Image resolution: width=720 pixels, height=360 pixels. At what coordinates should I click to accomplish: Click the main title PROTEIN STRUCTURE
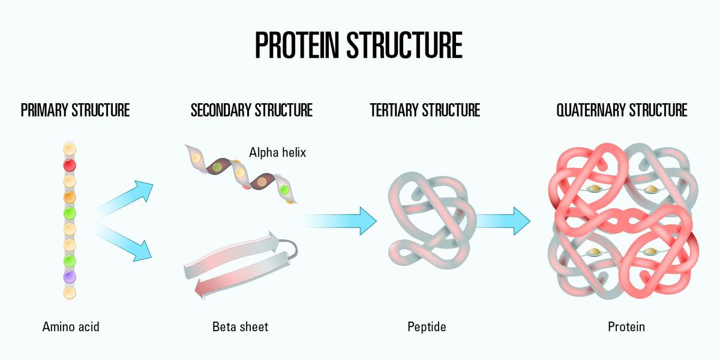pyautogui.click(x=359, y=45)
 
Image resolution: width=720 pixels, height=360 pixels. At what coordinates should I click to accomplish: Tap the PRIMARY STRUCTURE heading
pyautogui.click(x=75, y=110)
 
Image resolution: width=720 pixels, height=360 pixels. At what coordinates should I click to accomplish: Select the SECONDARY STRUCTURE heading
pyautogui.click(x=251, y=110)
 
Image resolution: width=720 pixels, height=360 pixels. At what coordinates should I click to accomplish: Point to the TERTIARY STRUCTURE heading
pyautogui.click(x=425, y=110)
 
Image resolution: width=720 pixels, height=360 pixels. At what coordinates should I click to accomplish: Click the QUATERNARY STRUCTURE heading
pyautogui.click(x=622, y=110)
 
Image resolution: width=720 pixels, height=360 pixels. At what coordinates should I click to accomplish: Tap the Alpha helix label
pyautogui.click(x=278, y=152)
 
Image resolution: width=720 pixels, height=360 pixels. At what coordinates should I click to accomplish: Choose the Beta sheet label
pyautogui.click(x=240, y=327)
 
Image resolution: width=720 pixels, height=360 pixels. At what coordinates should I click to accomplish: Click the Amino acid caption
pyautogui.click(x=71, y=327)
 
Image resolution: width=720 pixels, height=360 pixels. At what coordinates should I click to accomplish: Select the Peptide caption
pyautogui.click(x=427, y=327)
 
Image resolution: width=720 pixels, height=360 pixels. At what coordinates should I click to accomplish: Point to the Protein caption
pyautogui.click(x=626, y=327)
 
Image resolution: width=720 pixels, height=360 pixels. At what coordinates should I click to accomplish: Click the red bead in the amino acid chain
pyautogui.click(x=70, y=165)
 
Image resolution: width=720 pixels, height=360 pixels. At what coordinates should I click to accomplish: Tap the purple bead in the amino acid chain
pyautogui.click(x=70, y=277)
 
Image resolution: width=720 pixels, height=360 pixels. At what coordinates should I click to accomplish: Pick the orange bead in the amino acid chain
pyautogui.click(x=70, y=197)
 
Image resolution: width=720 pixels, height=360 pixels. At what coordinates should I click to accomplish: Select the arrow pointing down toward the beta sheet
pyautogui.click(x=124, y=243)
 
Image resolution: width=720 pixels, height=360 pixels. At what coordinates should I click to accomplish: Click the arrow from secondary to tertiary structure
pyautogui.click(x=339, y=221)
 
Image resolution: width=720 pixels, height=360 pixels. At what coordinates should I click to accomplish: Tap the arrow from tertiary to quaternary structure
pyautogui.click(x=503, y=221)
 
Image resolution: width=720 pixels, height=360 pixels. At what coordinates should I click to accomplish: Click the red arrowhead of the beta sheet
pyautogui.click(x=201, y=289)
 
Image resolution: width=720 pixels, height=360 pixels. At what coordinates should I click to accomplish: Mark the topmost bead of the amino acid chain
pyautogui.click(x=70, y=149)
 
